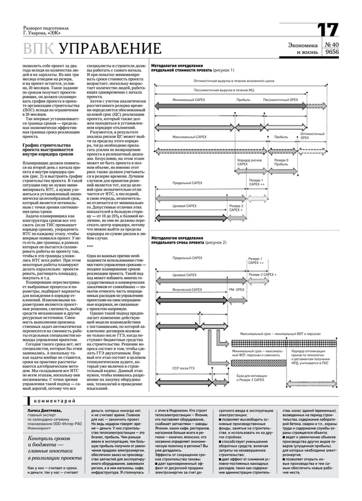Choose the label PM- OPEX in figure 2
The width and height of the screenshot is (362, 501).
click(x=237, y=289)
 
